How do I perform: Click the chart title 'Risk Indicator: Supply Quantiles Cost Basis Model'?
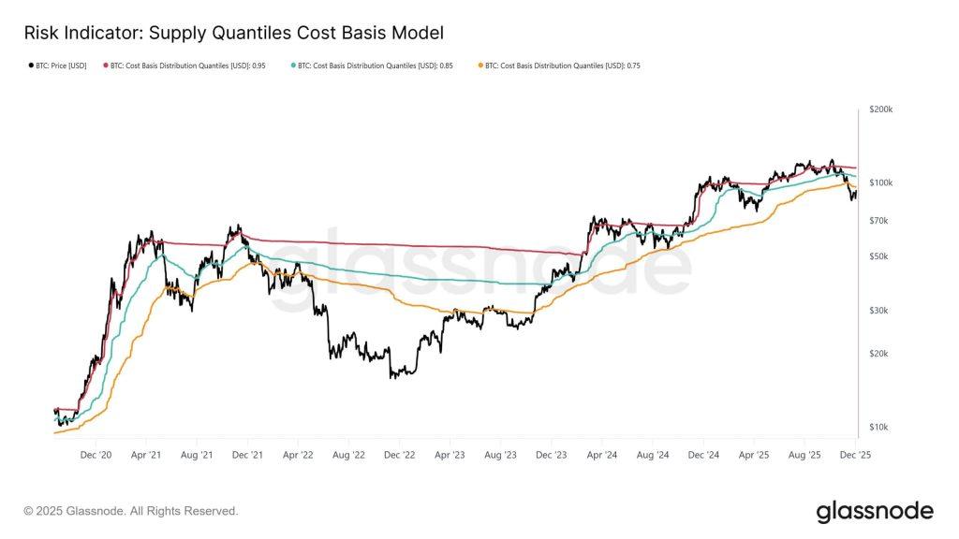point(233,33)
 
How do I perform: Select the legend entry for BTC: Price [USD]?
point(58,66)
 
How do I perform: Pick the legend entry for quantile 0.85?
point(374,66)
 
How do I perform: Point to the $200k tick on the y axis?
point(881,109)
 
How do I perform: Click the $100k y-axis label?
point(881,182)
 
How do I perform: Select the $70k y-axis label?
point(880,221)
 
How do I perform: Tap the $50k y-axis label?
point(880,256)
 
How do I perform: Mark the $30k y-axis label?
point(880,311)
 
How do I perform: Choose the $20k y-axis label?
point(880,354)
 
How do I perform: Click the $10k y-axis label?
point(880,428)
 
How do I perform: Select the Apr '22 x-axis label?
point(297,455)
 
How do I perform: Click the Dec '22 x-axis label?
point(399,455)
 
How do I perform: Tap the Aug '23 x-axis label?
point(500,455)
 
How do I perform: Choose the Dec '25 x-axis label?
point(855,455)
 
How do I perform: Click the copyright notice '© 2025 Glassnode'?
point(131,511)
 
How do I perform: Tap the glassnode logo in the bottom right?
point(875,511)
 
